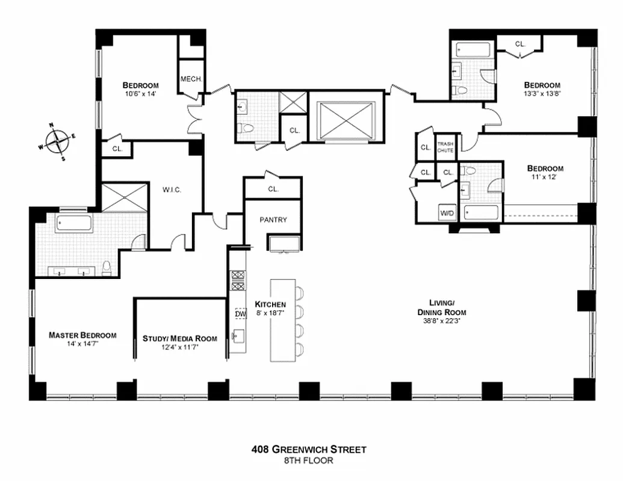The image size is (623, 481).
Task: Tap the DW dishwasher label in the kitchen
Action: (x=240, y=313)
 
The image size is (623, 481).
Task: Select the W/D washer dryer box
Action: (x=447, y=213)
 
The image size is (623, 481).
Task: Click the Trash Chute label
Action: (x=445, y=147)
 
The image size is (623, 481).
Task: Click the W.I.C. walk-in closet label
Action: (x=172, y=190)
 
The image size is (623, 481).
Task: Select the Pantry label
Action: (x=273, y=219)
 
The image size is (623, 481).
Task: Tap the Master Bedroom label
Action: (x=82, y=335)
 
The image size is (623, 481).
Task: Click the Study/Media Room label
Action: (x=179, y=339)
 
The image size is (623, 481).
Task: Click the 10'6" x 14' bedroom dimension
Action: (x=140, y=94)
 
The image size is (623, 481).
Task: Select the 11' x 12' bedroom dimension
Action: (x=545, y=177)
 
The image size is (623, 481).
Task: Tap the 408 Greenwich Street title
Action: (x=309, y=449)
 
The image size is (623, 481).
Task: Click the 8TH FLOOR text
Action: (x=309, y=461)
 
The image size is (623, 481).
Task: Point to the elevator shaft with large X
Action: (x=346, y=120)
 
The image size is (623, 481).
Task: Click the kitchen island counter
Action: (x=282, y=320)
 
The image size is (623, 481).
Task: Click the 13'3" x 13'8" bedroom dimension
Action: (x=542, y=94)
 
